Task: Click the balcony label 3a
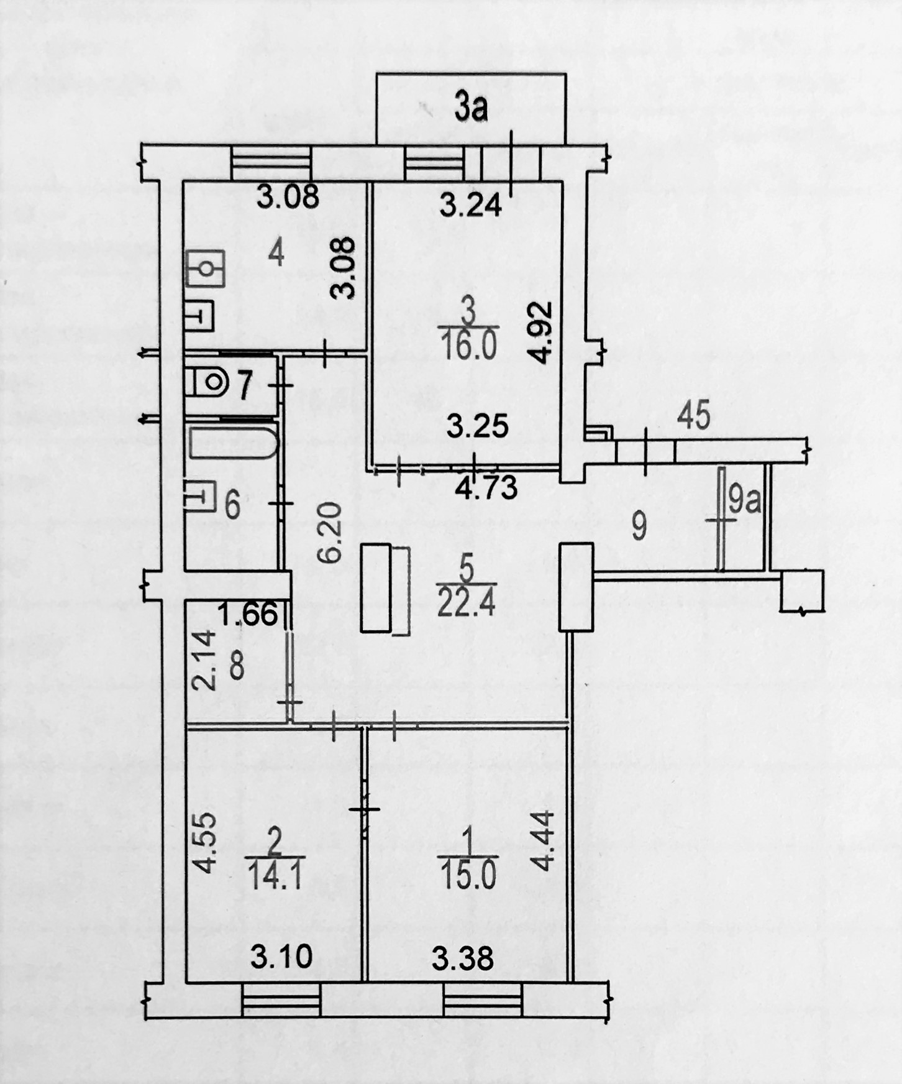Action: [471, 108]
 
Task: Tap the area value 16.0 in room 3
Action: [469, 346]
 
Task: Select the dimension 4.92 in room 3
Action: [540, 332]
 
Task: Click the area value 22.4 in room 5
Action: [466, 602]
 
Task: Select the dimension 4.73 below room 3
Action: [486, 487]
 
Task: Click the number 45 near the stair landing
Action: [693, 415]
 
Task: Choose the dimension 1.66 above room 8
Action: [248, 613]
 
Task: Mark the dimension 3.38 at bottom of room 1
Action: [463, 958]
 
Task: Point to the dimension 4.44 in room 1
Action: [542, 840]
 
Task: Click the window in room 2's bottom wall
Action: [281, 999]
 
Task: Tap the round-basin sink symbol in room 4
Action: [205, 268]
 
